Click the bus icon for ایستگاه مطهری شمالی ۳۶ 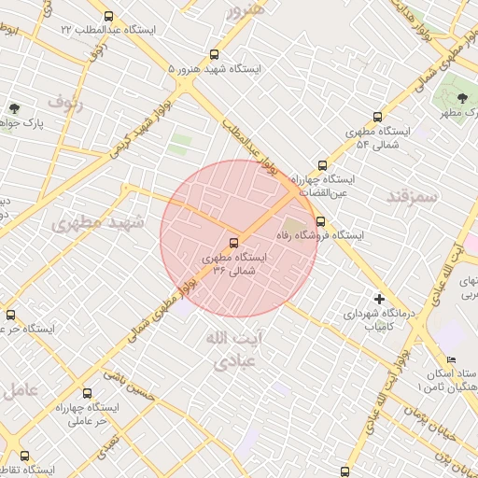coord(233,242)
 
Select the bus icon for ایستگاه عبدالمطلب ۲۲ coord(109,17)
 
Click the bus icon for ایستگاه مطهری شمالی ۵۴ coord(377,118)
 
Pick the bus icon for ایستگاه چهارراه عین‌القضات coord(323,164)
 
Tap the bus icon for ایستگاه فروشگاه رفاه coord(321,222)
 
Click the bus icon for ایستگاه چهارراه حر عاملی coord(88,394)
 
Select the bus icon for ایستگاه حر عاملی coord(10,316)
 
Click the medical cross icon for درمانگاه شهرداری coord(379,299)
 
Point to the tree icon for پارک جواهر coord(13,108)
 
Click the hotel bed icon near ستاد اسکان coord(452,360)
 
